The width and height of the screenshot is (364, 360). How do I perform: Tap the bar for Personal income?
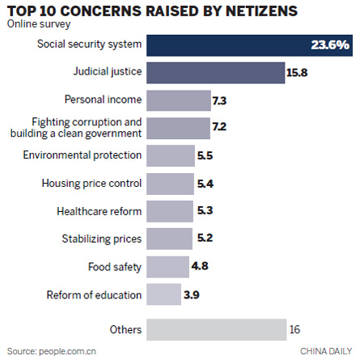[x=179, y=100]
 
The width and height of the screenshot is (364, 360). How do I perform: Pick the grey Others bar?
[x=217, y=328]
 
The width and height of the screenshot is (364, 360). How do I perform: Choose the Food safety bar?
[x=168, y=266]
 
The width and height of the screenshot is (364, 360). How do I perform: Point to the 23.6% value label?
[x=332, y=45]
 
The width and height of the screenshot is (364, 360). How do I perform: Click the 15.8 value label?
[x=297, y=74]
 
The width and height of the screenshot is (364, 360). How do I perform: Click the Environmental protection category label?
[x=94, y=155]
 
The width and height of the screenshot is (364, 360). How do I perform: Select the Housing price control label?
[x=91, y=183]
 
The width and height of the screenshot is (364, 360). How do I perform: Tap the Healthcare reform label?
[x=99, y=210]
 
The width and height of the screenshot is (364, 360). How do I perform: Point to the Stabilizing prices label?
[x=102, y=238]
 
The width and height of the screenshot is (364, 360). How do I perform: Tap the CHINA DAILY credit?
[x=328, y=351]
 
